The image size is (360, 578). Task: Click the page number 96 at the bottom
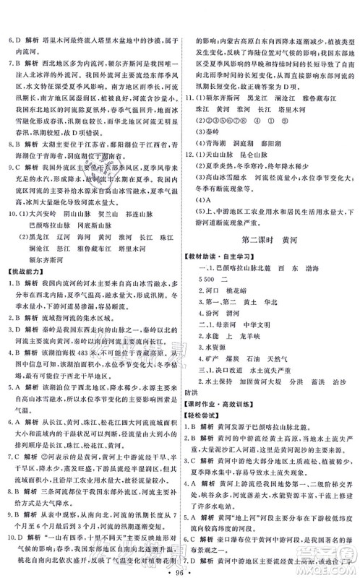coord(180,563)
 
